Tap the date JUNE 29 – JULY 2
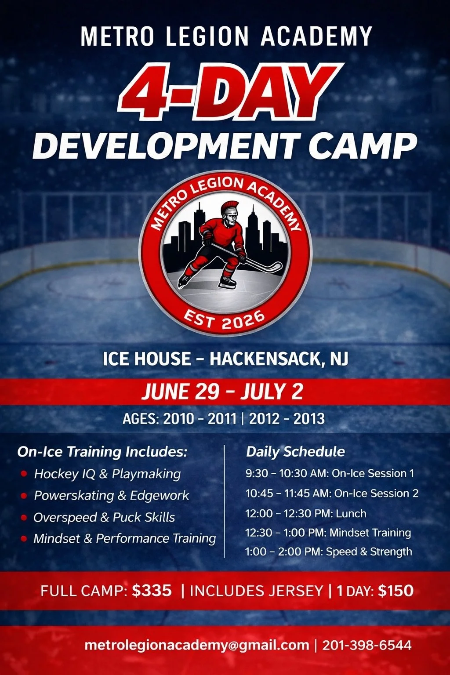pyautogui.click(x=222, y=391)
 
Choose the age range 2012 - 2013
pyautogui.click(x=287, y=419)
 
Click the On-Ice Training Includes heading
pyautogui.click(x=102, y=452)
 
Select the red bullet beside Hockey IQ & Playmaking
pyautogui.click(x=24, y=474)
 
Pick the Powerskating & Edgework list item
pyautogui.click(x=111, y=495)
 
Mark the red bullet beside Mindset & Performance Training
pyautogui.click(x=24, y=539)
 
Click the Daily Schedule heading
pyautogui.click(x=295, y=452)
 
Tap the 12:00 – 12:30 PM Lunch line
pyautogui.click(x=305, y=513)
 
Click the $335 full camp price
pyautogui.click(x=152, y=591)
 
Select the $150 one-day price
pyautogui.click(x=396, y=591)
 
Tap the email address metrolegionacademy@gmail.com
pyautogui.click(x=196, y=645)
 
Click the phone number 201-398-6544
pyautogui.click(x=367, y=645)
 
